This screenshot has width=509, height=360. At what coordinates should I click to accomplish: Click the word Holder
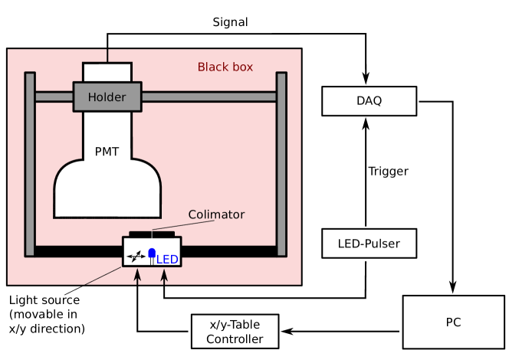(107, 97)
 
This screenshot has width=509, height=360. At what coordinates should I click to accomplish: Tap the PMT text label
(107, 152)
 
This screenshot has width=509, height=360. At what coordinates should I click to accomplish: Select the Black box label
(225, 67)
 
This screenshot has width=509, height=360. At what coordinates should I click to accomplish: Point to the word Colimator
(216, 214)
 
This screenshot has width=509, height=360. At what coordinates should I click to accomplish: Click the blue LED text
(168, 260)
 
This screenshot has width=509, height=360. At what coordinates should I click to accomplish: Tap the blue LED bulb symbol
(152, 254)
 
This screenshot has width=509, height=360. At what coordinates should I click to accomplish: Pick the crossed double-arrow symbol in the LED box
(136, 256)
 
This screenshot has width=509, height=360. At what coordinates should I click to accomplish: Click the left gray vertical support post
(30, 164)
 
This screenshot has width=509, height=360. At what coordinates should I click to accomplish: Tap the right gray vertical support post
(281, 164)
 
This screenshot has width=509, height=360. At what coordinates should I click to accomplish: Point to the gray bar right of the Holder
(209, 97)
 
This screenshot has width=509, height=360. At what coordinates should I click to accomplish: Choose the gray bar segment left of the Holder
(54, 97)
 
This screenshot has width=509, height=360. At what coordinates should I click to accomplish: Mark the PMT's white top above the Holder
(107, 72)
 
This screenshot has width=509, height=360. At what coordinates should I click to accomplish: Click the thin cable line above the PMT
(107, 55)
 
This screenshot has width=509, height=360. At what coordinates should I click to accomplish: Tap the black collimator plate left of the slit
(140, 234)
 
